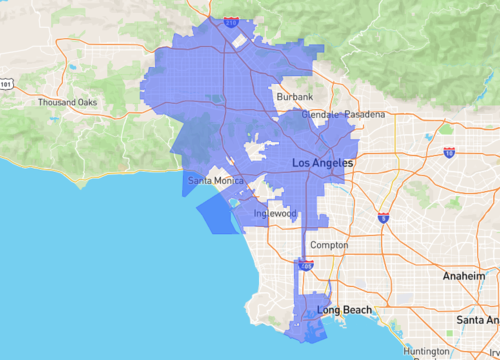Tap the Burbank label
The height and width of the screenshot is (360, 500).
295,96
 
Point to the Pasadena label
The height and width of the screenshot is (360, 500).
365,115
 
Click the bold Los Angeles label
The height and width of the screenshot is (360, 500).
322,162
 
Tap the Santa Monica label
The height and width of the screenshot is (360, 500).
215,180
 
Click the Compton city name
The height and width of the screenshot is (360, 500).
329,245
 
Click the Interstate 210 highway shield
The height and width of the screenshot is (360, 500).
232,20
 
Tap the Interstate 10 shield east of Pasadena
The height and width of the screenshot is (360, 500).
449,152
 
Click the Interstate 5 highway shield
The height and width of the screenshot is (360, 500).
383,217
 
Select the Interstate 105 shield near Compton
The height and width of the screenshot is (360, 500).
306,266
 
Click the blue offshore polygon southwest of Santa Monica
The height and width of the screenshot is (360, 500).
218,212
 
